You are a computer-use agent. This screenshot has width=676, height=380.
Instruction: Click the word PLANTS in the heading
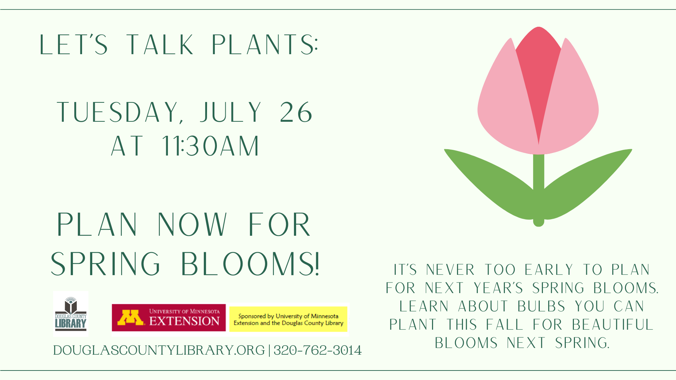pos(265,45)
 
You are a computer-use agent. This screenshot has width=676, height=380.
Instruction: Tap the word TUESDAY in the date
pos(118,113)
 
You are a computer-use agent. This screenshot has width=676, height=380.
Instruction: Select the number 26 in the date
pos(296,113)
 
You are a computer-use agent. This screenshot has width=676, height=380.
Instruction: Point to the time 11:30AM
pos(211,146)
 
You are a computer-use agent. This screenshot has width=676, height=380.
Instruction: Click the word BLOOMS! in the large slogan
pos(250,264)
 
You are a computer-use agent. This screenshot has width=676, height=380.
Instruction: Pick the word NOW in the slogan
pos(192,225)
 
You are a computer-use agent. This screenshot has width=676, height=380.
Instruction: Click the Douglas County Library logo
pos(71,314)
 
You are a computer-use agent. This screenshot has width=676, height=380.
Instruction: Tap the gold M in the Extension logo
pos(130,317)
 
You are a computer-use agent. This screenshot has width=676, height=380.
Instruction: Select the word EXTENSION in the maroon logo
pos(184,321)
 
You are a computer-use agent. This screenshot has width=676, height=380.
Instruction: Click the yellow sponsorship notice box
pos(288,319)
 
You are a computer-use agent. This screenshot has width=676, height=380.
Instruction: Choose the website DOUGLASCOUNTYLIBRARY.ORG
pos(159,350)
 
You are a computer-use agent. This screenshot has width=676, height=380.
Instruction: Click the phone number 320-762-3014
pos(318,350)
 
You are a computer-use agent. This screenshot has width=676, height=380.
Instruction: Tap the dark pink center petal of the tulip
pos(538,70)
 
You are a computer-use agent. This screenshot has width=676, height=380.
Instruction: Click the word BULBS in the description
pos(541,306)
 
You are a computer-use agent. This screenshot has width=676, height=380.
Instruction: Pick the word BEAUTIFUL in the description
pos(612,325)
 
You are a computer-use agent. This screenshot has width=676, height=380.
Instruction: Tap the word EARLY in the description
pos(549,270)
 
